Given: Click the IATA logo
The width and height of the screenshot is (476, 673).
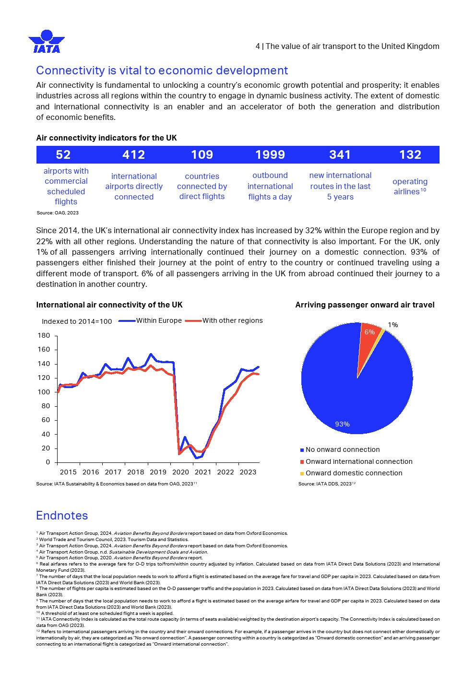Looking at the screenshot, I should [47, 42].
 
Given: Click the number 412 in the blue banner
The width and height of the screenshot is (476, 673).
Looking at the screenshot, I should [134, 155].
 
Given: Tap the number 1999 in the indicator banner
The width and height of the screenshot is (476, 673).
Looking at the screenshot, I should [270, 155].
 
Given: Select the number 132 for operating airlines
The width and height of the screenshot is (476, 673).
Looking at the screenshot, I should [410, 155].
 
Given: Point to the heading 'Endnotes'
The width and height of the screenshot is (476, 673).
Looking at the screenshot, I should [62, 516].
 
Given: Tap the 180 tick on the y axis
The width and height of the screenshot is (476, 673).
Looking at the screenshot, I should [44, 336].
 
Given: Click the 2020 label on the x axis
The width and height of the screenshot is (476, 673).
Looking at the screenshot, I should [180, 472].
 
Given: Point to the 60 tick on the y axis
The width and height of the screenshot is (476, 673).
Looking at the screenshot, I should [46, 420].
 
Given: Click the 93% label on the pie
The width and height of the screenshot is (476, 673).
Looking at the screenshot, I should [342, 425].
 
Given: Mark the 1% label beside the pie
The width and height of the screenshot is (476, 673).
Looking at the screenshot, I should [393, 325].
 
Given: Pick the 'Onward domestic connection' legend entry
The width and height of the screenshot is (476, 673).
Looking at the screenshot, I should [354, 473].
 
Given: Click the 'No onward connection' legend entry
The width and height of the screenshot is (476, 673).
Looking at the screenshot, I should [342, 450].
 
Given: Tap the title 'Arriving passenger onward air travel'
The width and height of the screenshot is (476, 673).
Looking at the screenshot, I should [365, 305].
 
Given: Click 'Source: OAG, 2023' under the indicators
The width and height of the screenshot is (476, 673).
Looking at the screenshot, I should [58, 213].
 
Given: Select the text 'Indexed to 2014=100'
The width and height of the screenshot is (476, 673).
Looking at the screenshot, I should [77, 322].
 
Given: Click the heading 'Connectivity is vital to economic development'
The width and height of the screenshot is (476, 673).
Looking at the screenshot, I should [162, 71].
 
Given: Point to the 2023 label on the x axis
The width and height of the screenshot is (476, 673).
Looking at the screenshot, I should [248, 472].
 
